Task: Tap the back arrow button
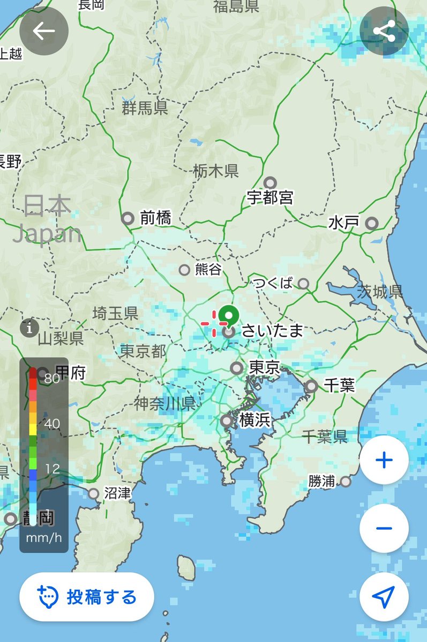(44, 31)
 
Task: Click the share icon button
(384, 31)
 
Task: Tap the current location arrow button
(384, 596)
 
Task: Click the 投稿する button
(87, 597)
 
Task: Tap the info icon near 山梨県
(29, 327)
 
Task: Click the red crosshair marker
(214, 323)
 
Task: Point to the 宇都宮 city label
(270, 198)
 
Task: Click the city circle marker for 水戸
(371, 223)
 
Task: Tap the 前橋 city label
(155, 218)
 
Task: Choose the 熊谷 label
(208, 270)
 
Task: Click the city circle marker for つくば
(304, 284)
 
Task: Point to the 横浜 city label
(254, 421)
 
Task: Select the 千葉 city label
(339, 385)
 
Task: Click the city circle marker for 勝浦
(346, 481)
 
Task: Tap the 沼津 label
(117, 493)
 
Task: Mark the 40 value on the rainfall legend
(52, 424)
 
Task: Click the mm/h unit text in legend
(44, 538)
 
